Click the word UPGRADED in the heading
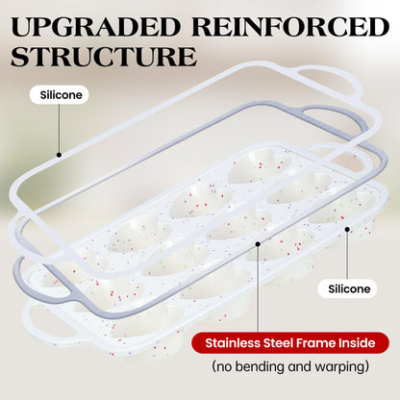coord(96,27)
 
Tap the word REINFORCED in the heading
coord(290,27)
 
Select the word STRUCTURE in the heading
coord(104,57)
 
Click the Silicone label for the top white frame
coord(61,95)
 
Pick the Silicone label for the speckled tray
coord(349,288)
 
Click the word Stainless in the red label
coord(233,343)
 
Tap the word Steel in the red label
coord(278,343)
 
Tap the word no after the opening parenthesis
coord(224,367)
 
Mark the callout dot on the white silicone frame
coord(59,155)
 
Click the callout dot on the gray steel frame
coord(258,244)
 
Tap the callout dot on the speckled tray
coord(347,229)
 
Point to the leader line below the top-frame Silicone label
coord(60,128)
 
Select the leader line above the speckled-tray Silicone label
coord(347,255)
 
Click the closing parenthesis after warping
coord(366,367)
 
